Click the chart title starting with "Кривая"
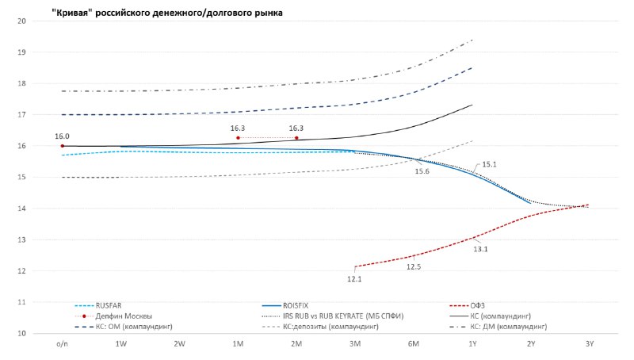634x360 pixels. click(166, 13)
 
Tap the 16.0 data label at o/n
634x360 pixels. click(63, 136)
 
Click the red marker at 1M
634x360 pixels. click(238, 138)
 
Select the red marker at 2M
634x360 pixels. click(296, 138)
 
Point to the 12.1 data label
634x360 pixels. click(354, 278)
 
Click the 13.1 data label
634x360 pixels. click(480, 249)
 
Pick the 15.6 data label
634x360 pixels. click(422, 171)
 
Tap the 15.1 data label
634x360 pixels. click(490, 165)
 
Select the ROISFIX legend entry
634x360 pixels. click(302, 305)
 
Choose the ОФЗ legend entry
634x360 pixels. click(477, 305)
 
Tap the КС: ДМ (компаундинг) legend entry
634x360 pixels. click(508, 326)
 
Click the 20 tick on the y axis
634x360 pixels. click(22, 21)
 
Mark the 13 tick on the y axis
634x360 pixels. click(22, 239)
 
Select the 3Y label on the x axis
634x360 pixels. click(589, 344)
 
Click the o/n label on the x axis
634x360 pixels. click(63, 344)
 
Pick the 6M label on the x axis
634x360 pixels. click(413, 344)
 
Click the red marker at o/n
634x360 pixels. click(63, 146)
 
